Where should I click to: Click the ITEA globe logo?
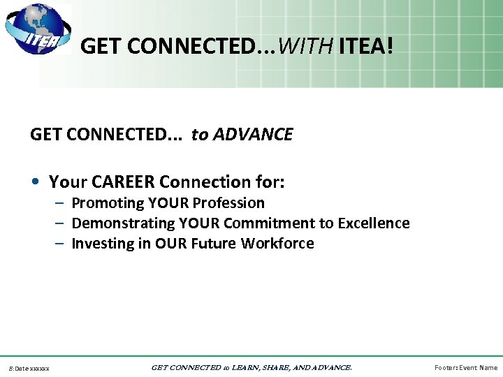pyautogui.click(x=36, y=30)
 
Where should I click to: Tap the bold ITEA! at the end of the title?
pyautogui.click(x=366, y=47)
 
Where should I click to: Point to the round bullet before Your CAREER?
pyautogui.click(x=35, y=183)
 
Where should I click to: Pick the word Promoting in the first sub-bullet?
pyautogui.click(x=108, y=203)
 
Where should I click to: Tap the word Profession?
pyautogui.click(x=228, y=203)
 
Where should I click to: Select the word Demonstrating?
pyautogui.click(x=123, y=223)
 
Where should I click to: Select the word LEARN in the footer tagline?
pyautogui.click(x=244, y=367)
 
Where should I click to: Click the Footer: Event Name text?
pyautogui.click(x=465, y=368)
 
